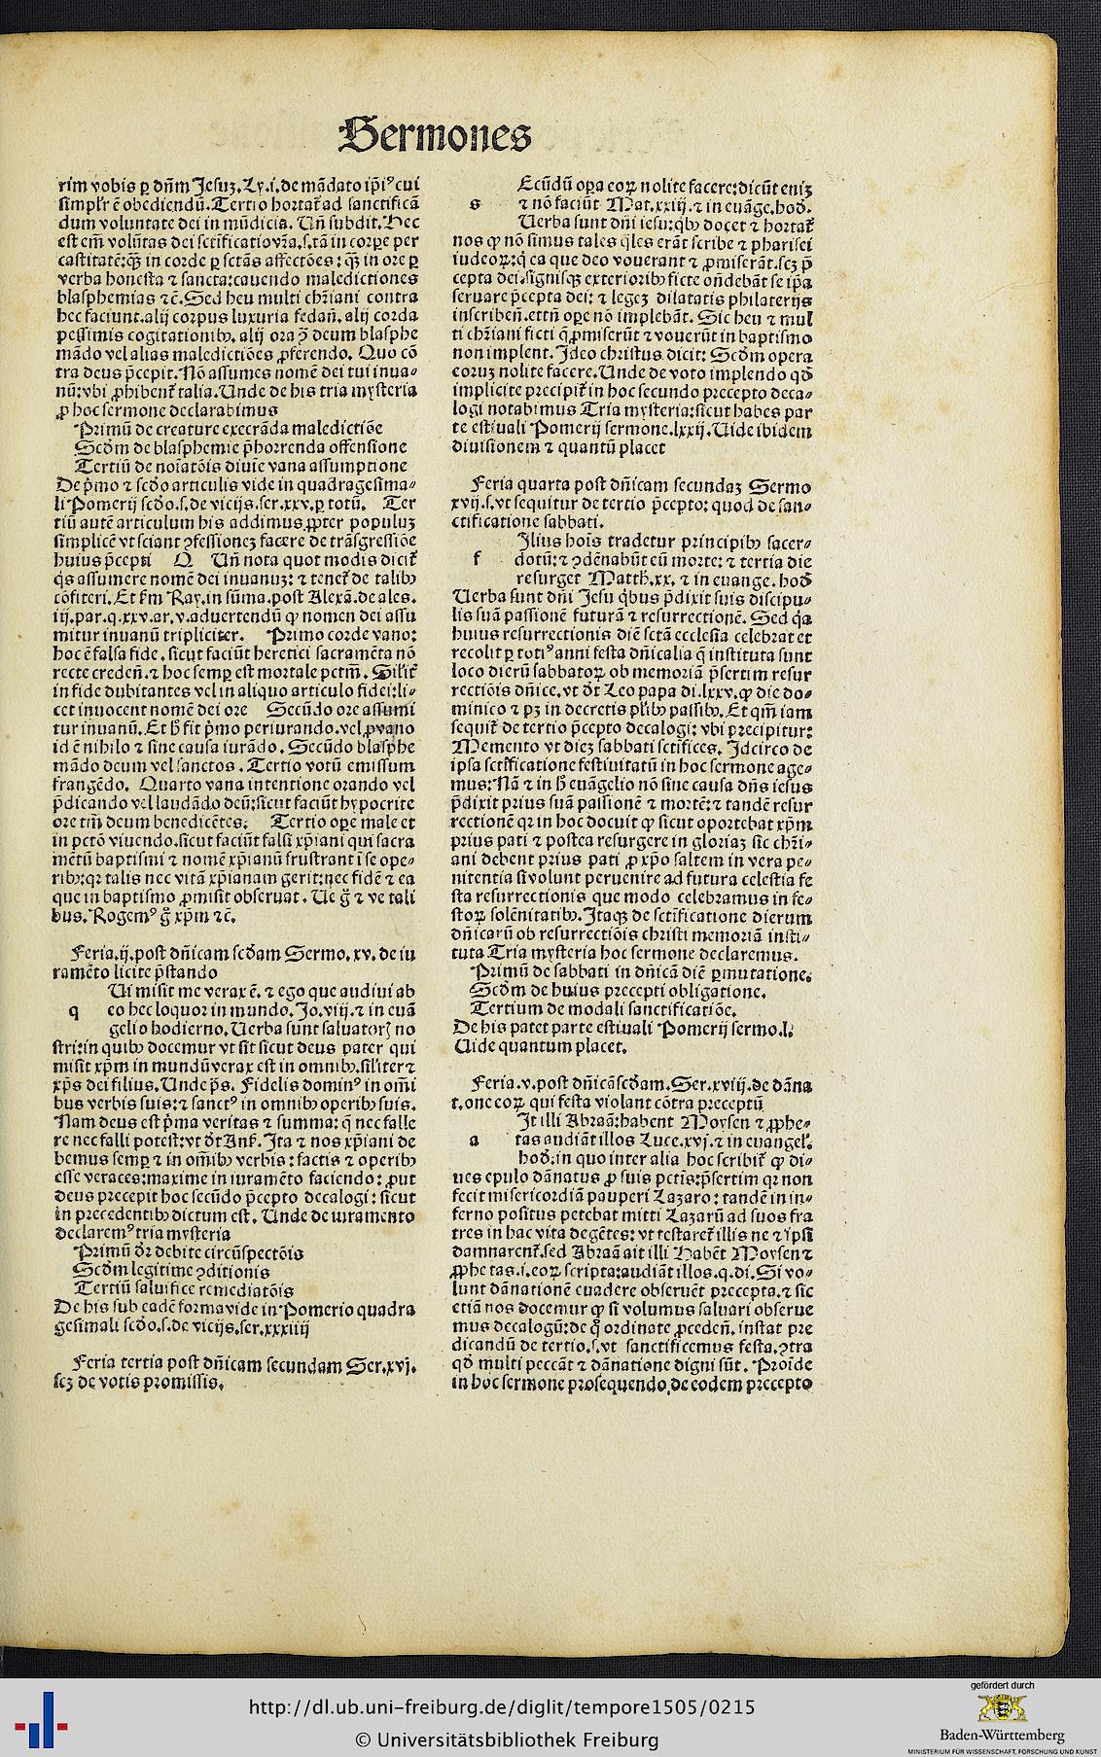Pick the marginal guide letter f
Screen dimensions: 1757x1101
[477, 560]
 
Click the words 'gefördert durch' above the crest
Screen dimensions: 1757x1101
[1002, 1631]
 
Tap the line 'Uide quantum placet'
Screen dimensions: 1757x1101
[544, 1046]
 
